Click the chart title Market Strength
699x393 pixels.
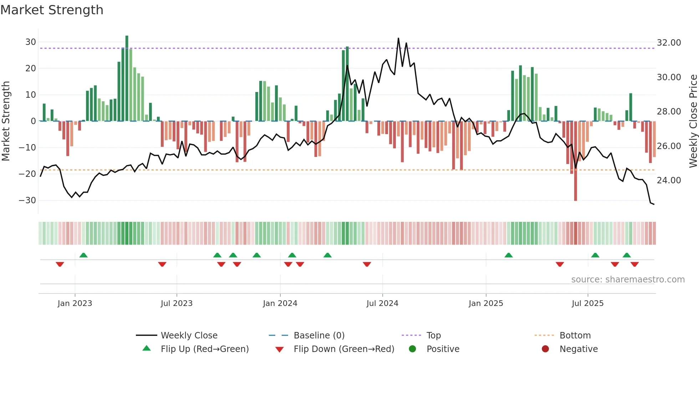[x=52, y=10]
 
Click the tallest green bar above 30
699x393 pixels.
[x=127, y=78]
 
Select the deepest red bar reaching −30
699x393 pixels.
[x=576, y=160]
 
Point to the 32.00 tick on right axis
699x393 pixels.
[x=669, y=43]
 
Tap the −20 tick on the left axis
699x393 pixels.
[x=27, y=174]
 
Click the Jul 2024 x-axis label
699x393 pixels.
[x=382, y=303]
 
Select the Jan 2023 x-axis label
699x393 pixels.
[x=75, y=303]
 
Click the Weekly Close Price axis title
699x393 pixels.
[x=693, y=121]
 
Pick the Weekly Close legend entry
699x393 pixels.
[x=189, y=336]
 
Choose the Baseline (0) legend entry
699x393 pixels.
[x=319, y=336]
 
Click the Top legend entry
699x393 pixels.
[x=434, y=336]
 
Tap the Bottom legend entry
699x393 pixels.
[x=575, y=336]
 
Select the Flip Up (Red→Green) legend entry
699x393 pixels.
[x=205, y=349]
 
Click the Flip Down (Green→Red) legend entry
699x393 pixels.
[x=344, y=349]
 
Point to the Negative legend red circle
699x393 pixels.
[x=545, y=349]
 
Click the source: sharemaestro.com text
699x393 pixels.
[x=628, y=280]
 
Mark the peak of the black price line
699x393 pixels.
[x=398, y=39]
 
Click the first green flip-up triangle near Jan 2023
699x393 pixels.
[x=83, y=255]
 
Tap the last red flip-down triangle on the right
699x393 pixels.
[x=634, y=264]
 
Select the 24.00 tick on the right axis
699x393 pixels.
[x=669, y=180]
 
